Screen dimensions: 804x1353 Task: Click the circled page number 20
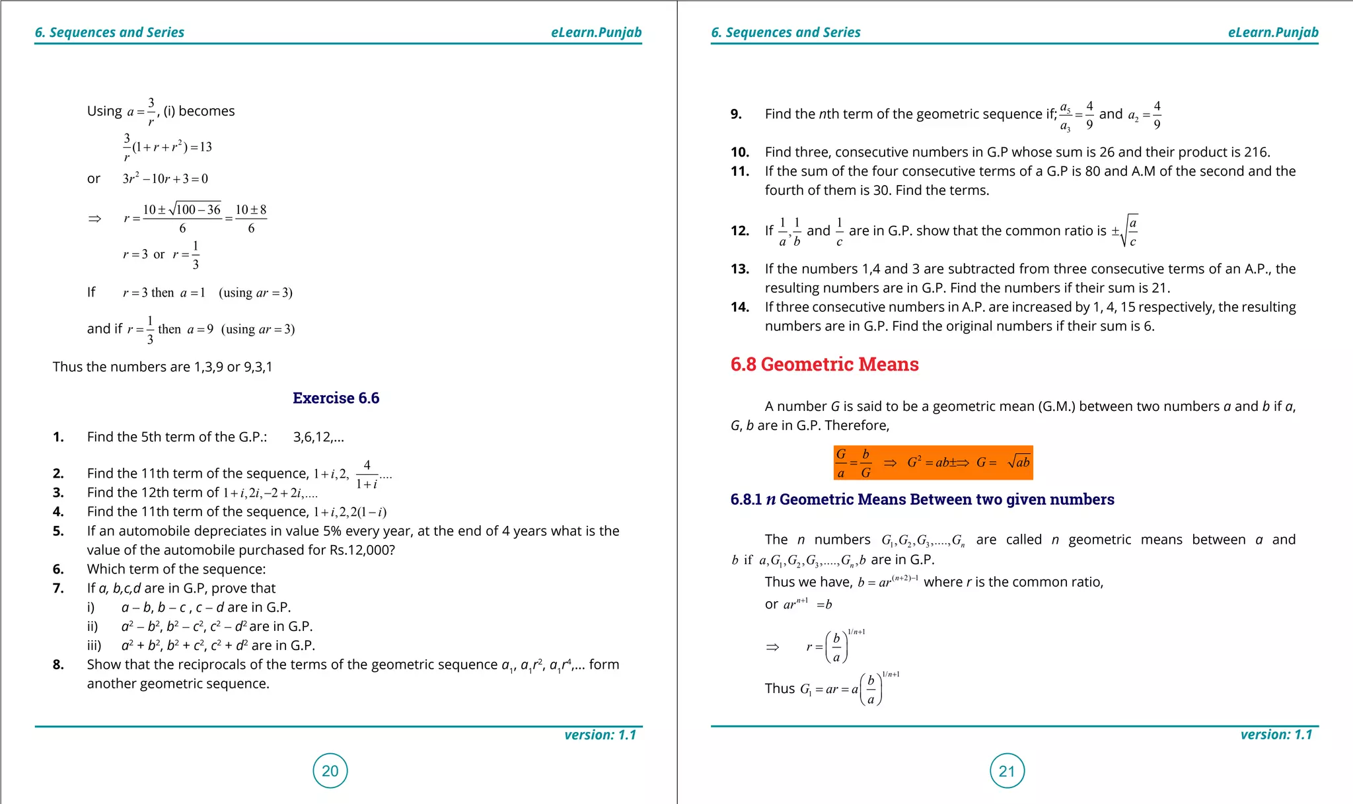point(330,770)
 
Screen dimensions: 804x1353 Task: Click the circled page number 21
point(1007,771)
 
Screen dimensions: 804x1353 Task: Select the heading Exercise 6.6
point(336,398)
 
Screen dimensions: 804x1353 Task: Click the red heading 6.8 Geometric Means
point(824,364)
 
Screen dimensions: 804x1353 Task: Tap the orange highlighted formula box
point(932,462)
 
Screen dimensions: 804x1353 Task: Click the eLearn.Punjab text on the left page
point(596,32)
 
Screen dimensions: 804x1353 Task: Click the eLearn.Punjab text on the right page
point(1272,32)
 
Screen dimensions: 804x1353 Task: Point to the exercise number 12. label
point(740,231)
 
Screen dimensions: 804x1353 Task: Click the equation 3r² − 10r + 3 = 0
point(165,179)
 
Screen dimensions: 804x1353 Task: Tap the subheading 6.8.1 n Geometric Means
point(922,499)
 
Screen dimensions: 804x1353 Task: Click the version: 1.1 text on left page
point(600,735)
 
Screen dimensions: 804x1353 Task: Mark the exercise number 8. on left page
point(58,665)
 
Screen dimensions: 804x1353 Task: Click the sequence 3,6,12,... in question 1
point(318,437)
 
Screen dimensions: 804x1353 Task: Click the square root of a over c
point(1130,231)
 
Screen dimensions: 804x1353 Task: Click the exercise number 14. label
point(740,307)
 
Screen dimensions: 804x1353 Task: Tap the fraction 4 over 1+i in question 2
point(367,474)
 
